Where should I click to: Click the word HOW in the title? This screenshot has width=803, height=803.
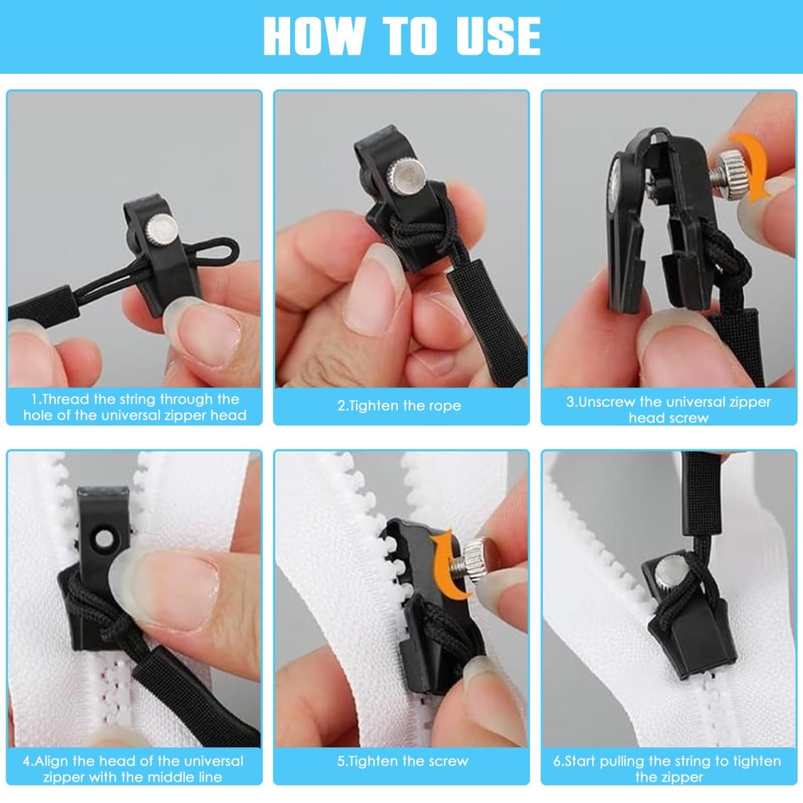click(x=314, y=35)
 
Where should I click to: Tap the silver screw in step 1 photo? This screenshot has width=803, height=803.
click(x=162, y=228)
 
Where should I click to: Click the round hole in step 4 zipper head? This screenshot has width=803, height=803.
click(x=104, y=539)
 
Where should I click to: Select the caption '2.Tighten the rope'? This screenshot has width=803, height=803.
click(x=400, y=405)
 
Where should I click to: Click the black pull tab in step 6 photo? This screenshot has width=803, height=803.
click(x=702, y=494)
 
